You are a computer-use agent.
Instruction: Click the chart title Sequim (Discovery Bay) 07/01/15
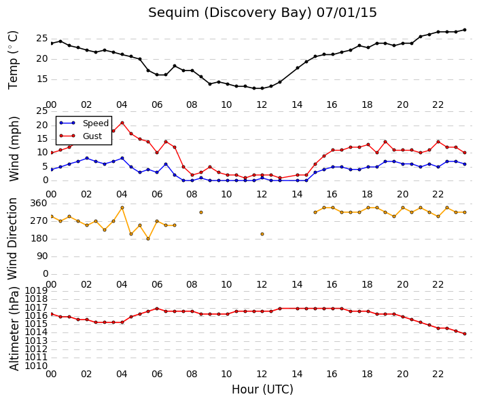tap(262, 13)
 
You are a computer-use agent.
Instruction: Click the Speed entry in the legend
tap(96, 123)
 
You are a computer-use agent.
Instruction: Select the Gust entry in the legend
tap(92, 136)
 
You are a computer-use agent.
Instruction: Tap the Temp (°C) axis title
tap(13, 60)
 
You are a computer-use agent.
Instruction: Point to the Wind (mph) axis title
tap(14, 149)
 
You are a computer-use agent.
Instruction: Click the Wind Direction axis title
tap(12, 239)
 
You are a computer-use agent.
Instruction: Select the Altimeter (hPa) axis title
tap(14, 328)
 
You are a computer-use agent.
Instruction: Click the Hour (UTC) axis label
tap(262, 389)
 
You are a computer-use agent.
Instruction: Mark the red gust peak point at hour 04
tap(122, 123)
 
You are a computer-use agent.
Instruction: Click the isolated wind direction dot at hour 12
tap(262, 234)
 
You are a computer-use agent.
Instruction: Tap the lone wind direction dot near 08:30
tap(201, 212)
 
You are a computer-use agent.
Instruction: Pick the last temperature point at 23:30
tap(465, 30)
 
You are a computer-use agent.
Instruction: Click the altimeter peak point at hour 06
tap(157, 309)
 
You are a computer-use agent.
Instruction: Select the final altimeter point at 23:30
tap(465, 334)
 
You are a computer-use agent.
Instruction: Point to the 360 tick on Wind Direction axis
tap(39, 204)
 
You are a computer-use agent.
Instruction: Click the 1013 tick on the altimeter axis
tap(36, 341)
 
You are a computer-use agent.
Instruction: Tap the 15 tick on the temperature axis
tap(42, 79)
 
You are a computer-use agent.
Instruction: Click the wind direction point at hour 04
tap(122, 208)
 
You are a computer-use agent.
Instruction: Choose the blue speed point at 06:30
tap(166, 164)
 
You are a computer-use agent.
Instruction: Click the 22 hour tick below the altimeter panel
tap(438, 374)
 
